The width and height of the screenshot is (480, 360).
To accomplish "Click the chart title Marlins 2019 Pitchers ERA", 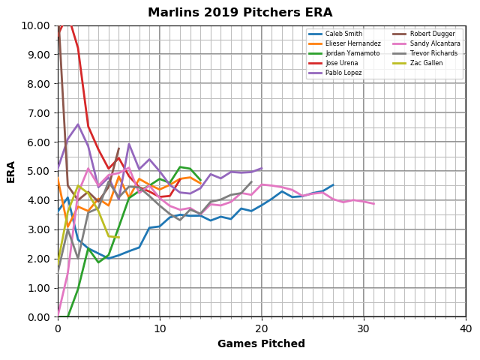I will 240,13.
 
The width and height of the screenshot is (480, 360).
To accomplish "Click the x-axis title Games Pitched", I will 261,344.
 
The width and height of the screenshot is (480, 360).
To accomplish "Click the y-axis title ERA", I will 11,171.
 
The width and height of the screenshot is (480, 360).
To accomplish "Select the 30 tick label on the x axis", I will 364,328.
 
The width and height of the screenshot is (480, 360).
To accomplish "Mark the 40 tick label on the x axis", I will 466,328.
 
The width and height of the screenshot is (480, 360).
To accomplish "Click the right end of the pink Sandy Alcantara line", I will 373,204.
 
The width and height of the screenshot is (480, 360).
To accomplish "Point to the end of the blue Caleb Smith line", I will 333,184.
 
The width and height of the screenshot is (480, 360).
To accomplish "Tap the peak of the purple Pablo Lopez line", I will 78,124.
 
